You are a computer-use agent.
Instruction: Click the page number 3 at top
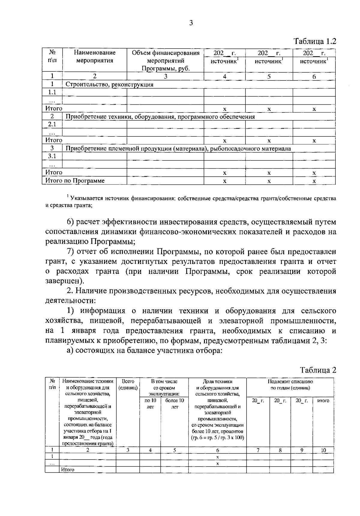tap(191, 23)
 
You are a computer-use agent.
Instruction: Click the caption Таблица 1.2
tap(314, 41)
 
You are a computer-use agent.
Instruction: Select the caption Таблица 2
tap(318, 370)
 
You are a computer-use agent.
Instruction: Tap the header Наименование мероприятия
tap(94, 57)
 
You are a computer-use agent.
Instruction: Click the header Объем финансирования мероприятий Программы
tap(166, 61)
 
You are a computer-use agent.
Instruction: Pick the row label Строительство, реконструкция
tap(109, 84)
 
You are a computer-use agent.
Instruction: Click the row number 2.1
tap(52, 124)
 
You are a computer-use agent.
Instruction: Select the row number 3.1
tap(52, 156)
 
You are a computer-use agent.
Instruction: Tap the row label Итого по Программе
tap(75, 181)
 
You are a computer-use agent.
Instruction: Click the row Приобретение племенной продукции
tap(178, 148)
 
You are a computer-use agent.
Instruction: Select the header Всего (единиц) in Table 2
tap(128, 385)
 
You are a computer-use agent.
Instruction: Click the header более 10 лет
tap(174, 403)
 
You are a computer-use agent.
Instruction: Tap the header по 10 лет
tap(150, 403)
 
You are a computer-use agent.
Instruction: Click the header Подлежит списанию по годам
tap(290, 385)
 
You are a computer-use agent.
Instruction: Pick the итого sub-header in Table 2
tap(323, 400)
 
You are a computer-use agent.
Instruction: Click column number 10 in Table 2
tap(323, 450)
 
